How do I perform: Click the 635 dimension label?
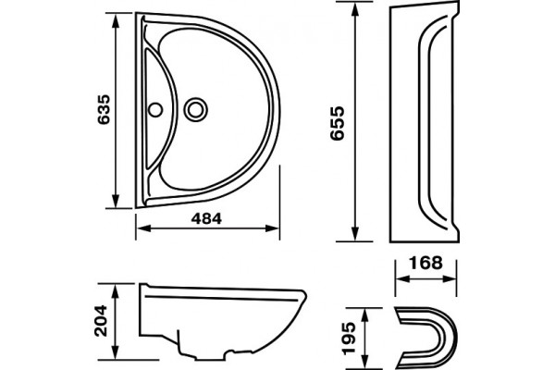[104, 109]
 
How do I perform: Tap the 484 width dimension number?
[206, 218]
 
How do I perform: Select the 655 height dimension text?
[337, 123]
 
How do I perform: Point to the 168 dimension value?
[425, 263]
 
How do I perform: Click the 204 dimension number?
[100, 320]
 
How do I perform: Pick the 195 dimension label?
[350, 338]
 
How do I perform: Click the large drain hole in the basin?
[196, 109]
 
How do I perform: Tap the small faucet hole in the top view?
[155, 110]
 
